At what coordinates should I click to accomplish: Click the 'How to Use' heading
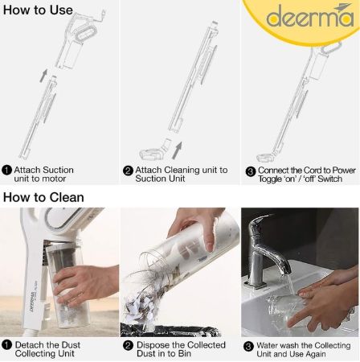click(38, 10)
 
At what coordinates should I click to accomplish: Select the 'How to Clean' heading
click(43, 197)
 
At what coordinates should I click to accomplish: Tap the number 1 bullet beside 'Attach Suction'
click(6, 170)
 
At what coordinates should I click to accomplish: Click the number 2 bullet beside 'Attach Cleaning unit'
click(128, 171)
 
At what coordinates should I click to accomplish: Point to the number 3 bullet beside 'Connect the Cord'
click(251, 171)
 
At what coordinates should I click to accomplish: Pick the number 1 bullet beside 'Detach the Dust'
click(6, 345)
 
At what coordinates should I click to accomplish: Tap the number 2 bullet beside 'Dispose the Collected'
click(128, 345)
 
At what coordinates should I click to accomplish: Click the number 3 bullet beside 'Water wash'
click(248, 347)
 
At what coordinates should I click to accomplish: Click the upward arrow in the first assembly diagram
click(43, 76)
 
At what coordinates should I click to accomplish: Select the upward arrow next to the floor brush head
click(177, 150)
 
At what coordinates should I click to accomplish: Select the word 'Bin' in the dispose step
click(185, 353)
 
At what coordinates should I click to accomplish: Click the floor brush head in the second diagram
click(151, 154)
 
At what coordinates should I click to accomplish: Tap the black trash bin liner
click(170, 331)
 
